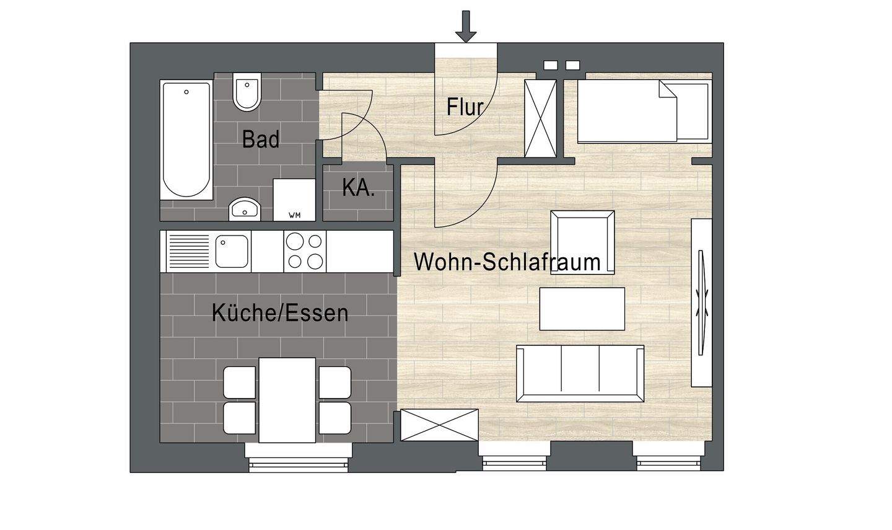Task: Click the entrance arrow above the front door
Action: pos(466,27)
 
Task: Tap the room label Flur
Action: pos(465,107)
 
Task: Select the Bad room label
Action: pos(261,139)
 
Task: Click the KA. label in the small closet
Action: pos(359,188)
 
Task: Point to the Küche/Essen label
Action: pos(280,313)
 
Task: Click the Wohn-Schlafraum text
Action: pos(507,262)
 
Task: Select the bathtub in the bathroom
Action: pos(186,139)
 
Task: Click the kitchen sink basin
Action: pos(232,251)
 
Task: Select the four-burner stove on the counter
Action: pos(305,251)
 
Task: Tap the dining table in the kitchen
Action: pos(287,400)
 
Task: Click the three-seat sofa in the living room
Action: pos(580,373)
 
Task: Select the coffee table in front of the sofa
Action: pos(582,309)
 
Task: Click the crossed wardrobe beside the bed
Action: pos(541,118)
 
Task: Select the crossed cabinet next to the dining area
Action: pos(439,425)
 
